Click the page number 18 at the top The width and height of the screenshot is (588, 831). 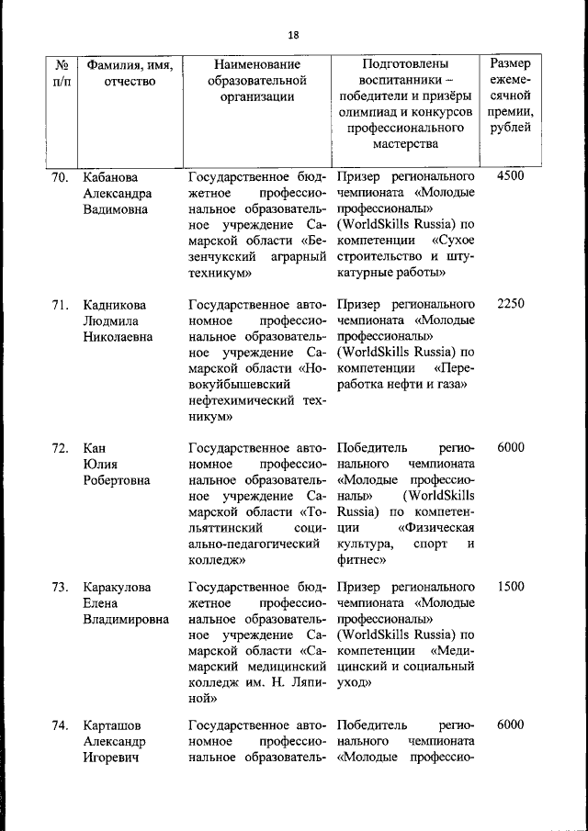pyautogui.click(x=293, y=35)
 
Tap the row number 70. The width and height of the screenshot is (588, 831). pyautogui.click(x=60, y=177)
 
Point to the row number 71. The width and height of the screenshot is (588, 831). pyautogui.click(x=60, y=304)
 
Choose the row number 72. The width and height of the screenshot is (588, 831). pyautogui.click(x=60, y=448)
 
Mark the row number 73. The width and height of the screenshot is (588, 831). pyautogui.click(x=60, y=587)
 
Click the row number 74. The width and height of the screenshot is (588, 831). pyautogui.click(x=60, y=725)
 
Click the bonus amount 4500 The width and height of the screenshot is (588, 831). pyautogui.click(x=510, y=176)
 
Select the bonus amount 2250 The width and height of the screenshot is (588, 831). pyautogui.click(x=510, y=304)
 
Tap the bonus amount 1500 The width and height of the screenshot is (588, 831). pyautogui.click(x=510, y=587)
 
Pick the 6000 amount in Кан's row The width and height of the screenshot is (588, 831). pyautogui.click(x=510, y=448)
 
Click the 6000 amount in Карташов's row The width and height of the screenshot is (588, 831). pyautogui.click(x=510, y=724)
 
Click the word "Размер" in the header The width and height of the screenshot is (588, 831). pyautogui.click(x=510, y=63)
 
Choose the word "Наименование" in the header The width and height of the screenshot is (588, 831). pyautogui.click(x=257, y=65)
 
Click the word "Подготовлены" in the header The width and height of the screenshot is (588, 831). pyautogui.click(x=405, y=65)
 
